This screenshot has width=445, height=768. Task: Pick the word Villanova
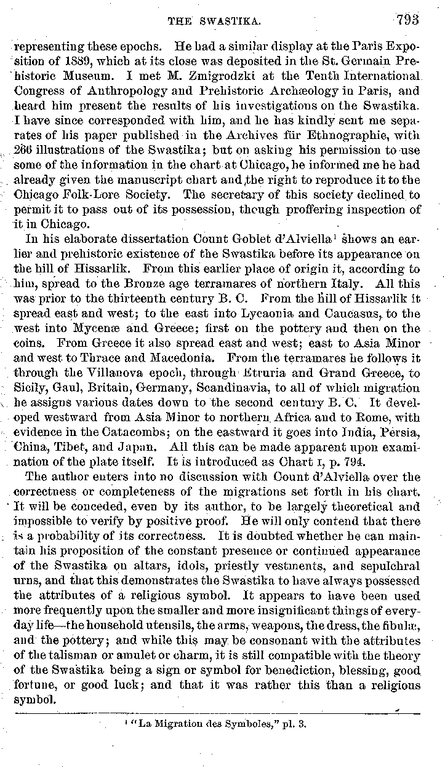click(129, 372)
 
